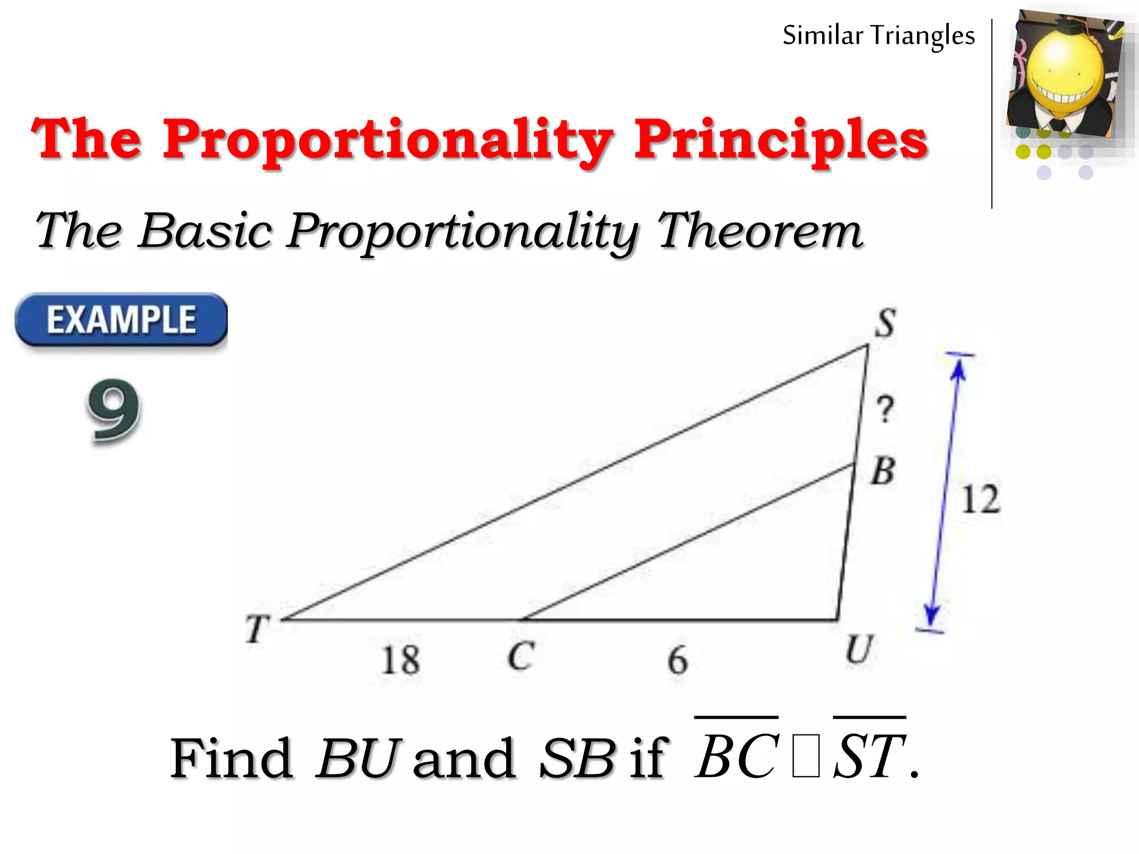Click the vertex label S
[885, 323]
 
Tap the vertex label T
[257, 629]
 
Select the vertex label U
[859, 649]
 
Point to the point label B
[883, 471]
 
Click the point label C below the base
[521, 656]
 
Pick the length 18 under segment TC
[400, 660]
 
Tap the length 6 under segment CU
[677, 661]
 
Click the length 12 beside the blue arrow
[980, 499]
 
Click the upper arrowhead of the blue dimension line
[958, 368]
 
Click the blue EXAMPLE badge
[121, 320]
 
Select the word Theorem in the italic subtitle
[759, 230]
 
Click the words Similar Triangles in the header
[879, 36]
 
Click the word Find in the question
[231, 758]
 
